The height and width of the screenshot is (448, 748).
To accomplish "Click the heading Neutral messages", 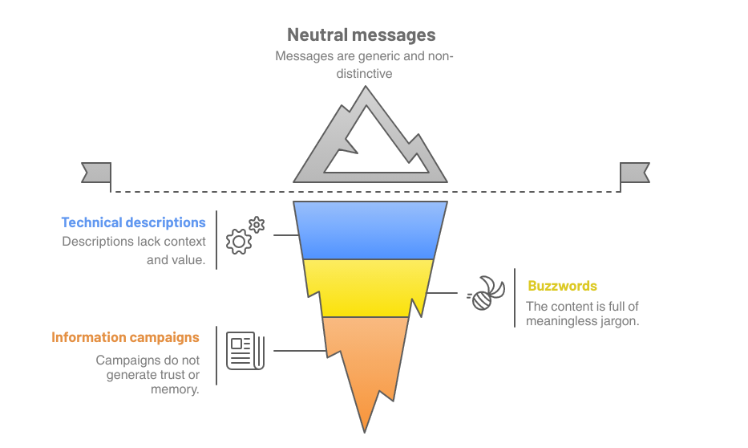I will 361,35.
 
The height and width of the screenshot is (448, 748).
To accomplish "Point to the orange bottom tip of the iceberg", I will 365,377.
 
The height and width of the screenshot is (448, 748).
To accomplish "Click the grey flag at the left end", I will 96,172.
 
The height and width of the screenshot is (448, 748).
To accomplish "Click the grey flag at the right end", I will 634,172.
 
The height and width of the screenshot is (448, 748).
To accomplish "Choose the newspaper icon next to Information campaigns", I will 245,351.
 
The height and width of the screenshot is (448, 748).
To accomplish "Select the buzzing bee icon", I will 487,293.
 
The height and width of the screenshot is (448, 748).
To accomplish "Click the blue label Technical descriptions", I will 133,222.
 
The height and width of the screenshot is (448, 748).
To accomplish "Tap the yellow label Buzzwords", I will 562,286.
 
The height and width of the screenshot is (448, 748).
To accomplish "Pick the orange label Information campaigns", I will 125,337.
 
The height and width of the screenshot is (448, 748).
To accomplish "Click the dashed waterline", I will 200,191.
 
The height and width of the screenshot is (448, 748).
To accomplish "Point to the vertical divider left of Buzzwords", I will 515,298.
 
